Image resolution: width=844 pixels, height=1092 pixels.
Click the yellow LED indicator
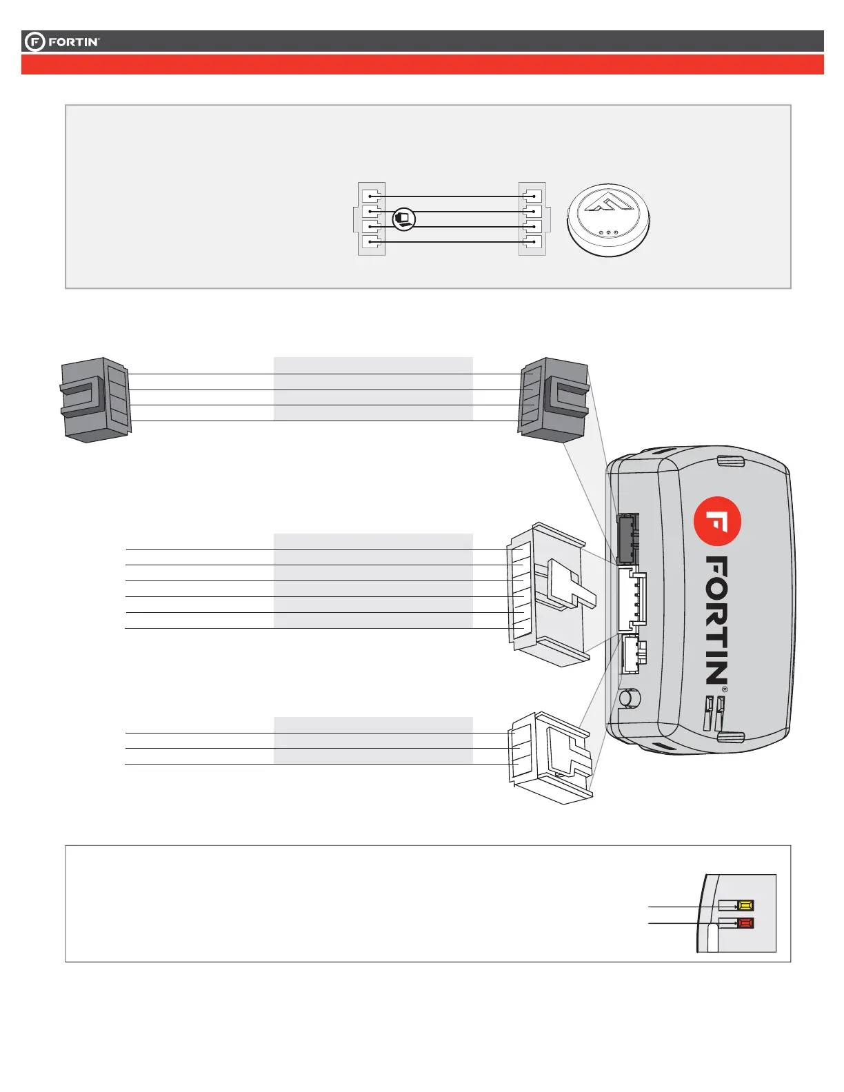[745, 905]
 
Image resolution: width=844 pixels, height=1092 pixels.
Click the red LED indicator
[745, 922]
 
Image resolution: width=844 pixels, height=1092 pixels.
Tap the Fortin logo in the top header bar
[63, 42]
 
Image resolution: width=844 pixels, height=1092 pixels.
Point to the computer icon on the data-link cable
[403, 219]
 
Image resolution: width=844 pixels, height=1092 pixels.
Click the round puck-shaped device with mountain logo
[608, 221]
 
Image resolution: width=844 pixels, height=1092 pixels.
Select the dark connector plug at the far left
[94, 399]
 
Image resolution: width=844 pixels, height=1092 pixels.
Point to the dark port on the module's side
[627, 538]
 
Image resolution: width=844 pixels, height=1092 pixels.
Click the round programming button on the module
[628, 698]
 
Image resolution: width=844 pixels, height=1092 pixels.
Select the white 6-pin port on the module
[630, 598]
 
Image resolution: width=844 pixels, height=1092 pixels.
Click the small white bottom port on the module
[630, 654]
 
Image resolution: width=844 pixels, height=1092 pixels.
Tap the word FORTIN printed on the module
[717, 620]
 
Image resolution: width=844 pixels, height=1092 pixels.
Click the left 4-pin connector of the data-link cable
[372, 219]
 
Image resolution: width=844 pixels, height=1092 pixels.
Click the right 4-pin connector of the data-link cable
[532, 219]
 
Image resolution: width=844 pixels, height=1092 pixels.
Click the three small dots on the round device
[608, 232]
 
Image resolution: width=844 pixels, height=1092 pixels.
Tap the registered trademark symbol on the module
[724, 689]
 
